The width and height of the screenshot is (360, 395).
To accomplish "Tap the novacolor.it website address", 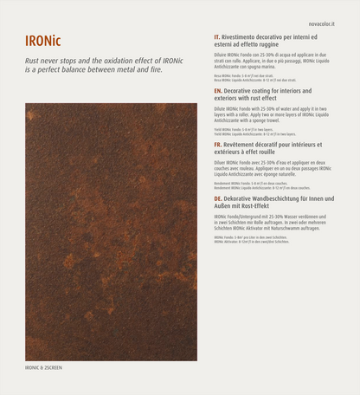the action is pyautogui.click(x=320, y=14).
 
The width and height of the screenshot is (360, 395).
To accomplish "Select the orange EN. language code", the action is pyautogui.click(x=217, y=90).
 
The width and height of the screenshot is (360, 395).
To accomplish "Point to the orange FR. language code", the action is pyautogui.click(x=217, y=145).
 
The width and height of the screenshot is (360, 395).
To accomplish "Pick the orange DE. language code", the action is pyautogui.click(x=217, y=198).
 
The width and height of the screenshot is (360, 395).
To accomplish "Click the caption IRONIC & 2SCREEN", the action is pyautogui.click(x=43, y=367).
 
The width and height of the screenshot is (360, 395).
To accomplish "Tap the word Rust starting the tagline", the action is pyautogui.click(x=34, y=60).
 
